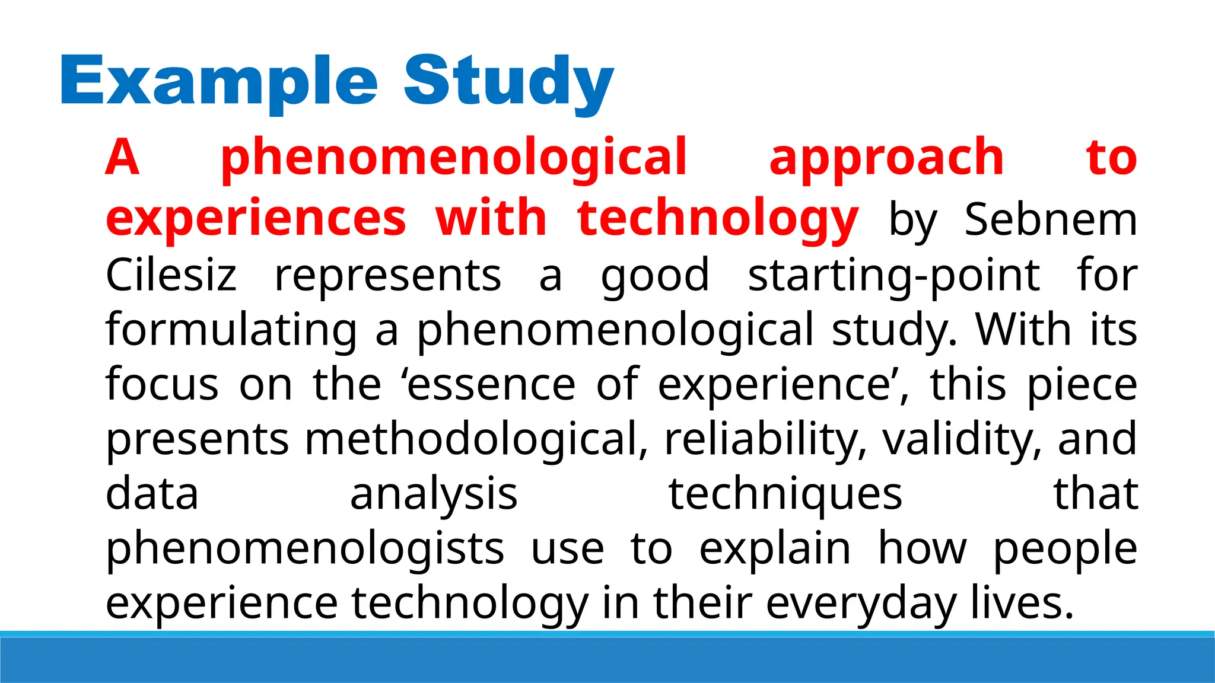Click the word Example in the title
[218, 81]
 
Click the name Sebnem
[1051, 219]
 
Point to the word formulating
[231, 330]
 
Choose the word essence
[491, 384]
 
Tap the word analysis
[434, 494]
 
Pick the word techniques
[785, 494]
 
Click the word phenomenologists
[305, 548]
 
